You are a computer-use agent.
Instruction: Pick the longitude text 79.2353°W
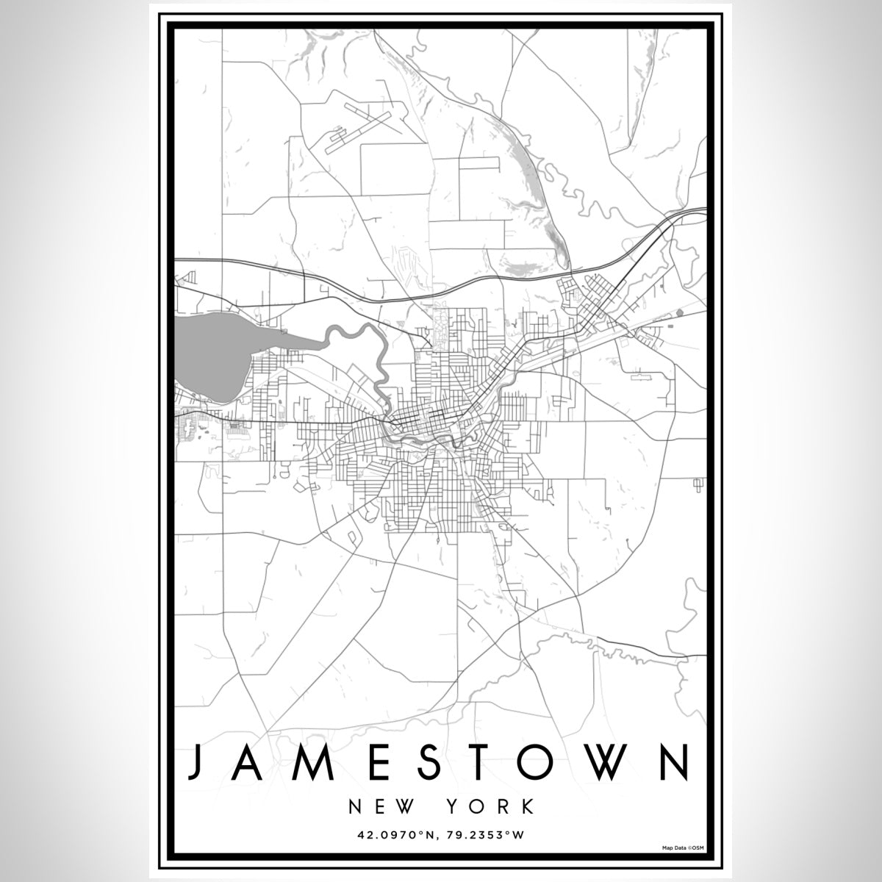pyautogui.click(x=487, y=835)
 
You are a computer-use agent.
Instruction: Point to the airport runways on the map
pyautogui.click(x=359, y=125)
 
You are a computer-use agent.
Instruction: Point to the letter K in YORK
pyautogui.click(x=527, y=806)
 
